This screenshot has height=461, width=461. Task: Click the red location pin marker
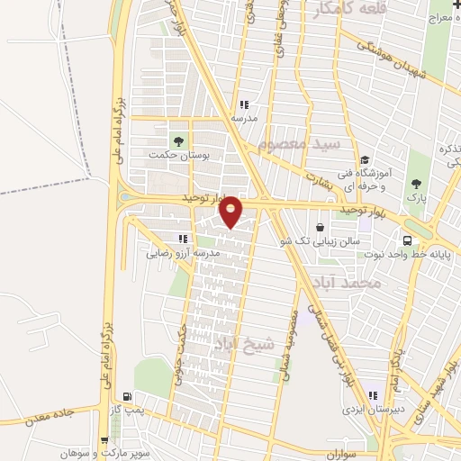(x=231, y=211)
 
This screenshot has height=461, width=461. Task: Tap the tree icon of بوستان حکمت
(x=176, y=140)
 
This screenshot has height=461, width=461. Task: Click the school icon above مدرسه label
(x=243, y=104)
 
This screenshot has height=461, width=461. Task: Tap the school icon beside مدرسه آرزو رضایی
(x=183, y=240)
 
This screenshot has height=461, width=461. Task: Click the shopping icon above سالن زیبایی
(x=321, y=228)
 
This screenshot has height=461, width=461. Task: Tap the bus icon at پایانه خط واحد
(x=407, y=240)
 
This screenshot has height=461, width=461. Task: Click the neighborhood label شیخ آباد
(x=237, y=344)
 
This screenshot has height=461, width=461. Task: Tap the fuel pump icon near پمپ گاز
(x=127, y=397)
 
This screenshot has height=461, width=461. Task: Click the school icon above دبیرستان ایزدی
(x=372, y=395)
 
